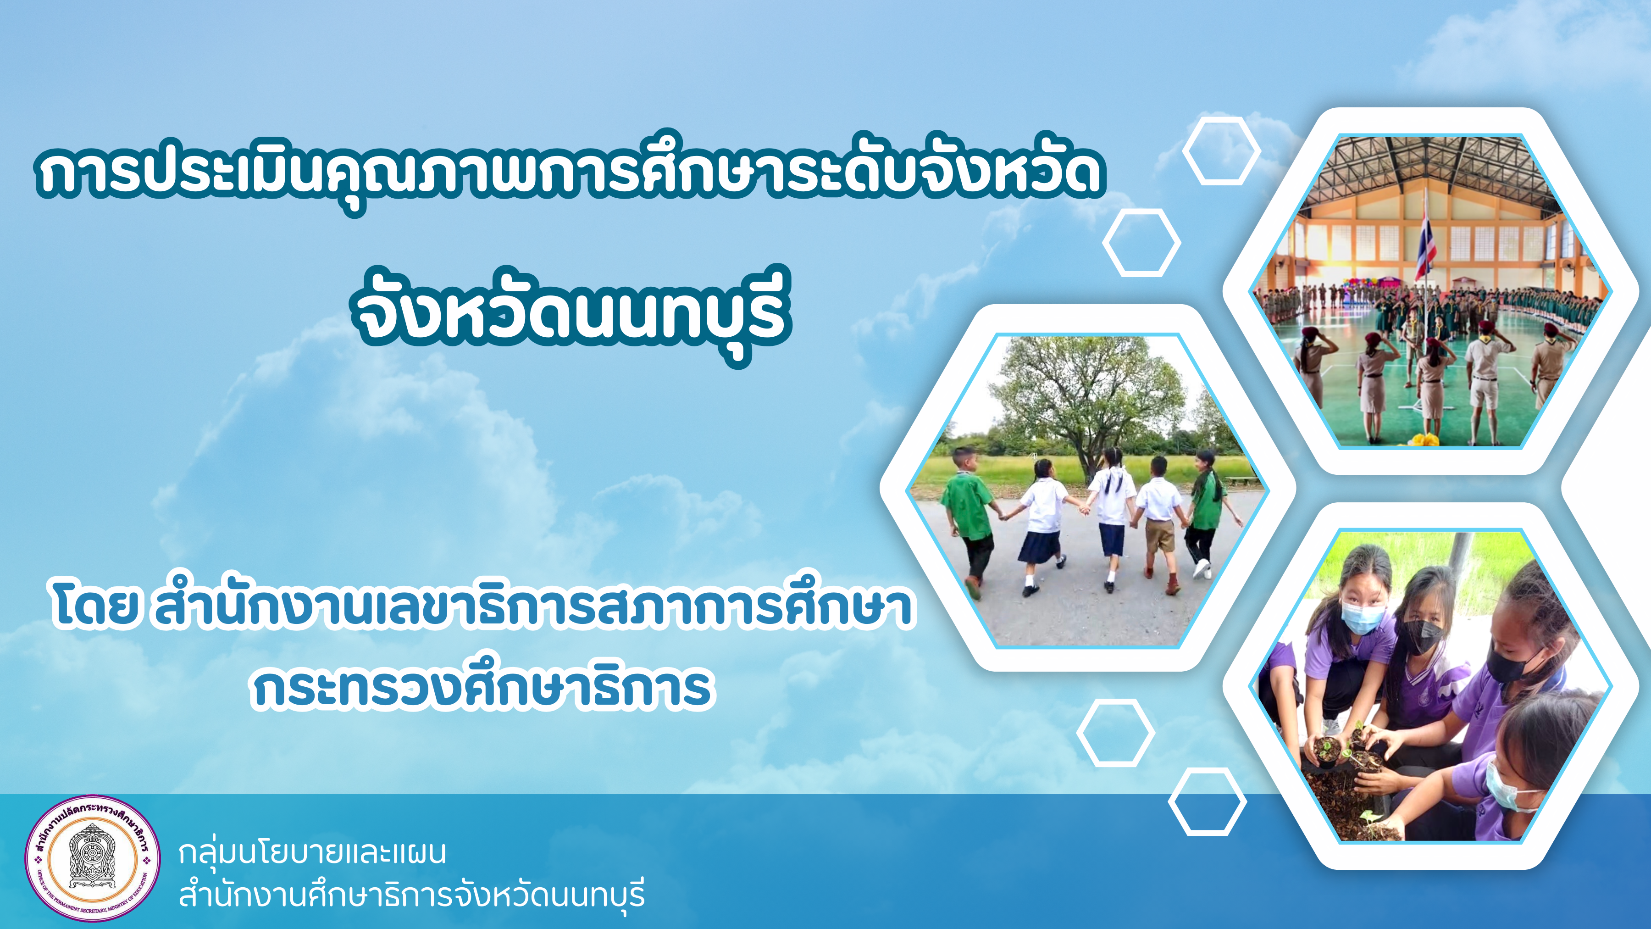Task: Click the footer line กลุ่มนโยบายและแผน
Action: click(312, 853)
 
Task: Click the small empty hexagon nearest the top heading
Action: click(1221, 151)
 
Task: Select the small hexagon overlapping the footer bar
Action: click(1207, 802)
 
